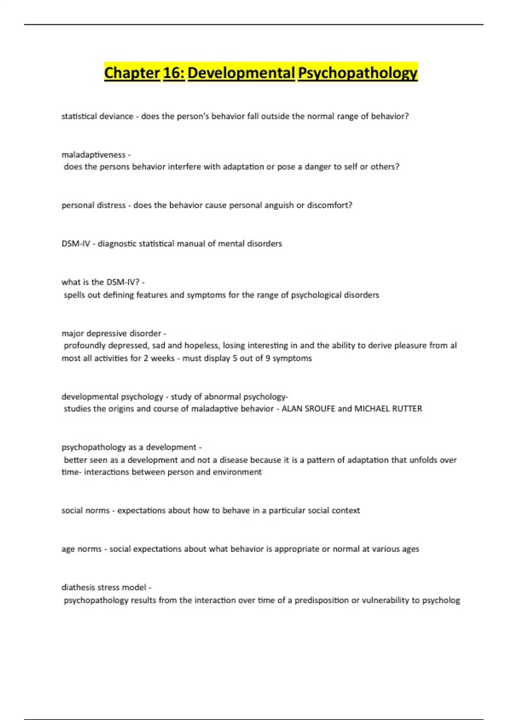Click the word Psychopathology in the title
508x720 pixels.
pos(358,73)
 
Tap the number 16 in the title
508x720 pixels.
pos(174,73)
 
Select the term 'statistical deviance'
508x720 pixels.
pos(97,116)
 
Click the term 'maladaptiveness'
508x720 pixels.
pos(93,155)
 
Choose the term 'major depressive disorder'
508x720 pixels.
pos(111,333)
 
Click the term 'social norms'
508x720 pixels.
pos(85,510)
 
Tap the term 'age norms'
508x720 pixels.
pos(81,549)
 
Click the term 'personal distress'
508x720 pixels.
pos(94,205)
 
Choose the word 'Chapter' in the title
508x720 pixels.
pos(132,73)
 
